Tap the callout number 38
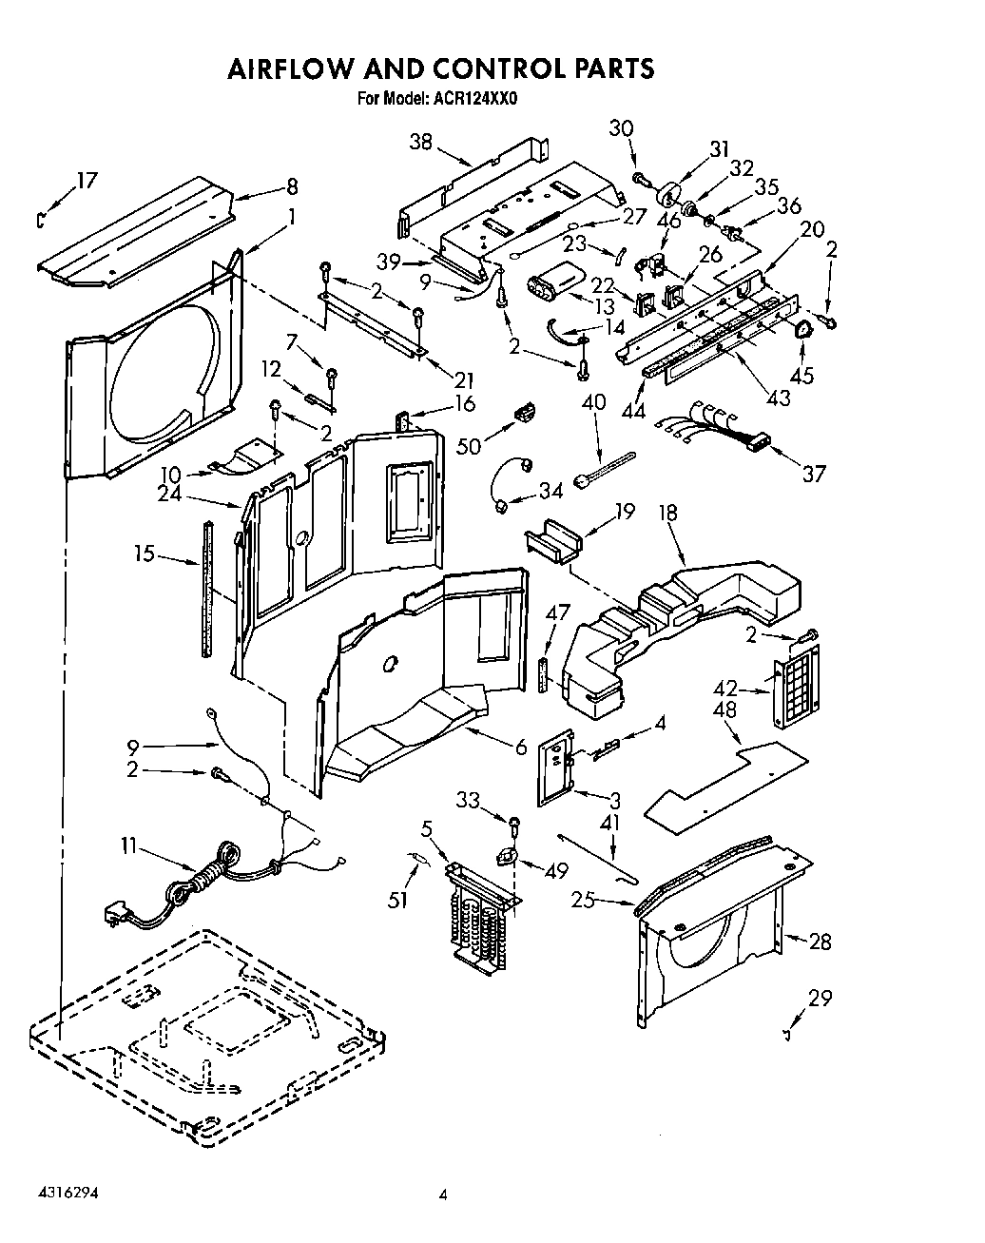(x=420, y=142)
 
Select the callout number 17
(x=87, y=180)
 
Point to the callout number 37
(x=813, y=473)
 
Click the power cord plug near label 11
(x=116, y=916)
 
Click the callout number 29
(x=819, y=998)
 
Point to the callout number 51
(x=398, y=897)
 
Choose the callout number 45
(x=802, y=375)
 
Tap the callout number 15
(x=144, y=553)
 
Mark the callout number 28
(x=819, y=942)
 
